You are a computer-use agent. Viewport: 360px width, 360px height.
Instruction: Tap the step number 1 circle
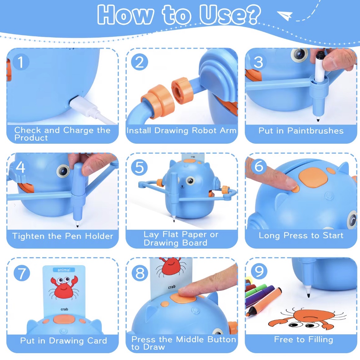21,62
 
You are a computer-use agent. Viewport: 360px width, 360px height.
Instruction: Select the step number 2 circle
139,62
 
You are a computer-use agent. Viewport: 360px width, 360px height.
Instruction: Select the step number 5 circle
139,167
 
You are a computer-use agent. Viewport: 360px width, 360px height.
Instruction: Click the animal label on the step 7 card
64,270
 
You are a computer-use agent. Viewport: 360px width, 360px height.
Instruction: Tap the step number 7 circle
22,273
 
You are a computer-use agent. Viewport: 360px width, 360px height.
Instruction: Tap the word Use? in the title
230,15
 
